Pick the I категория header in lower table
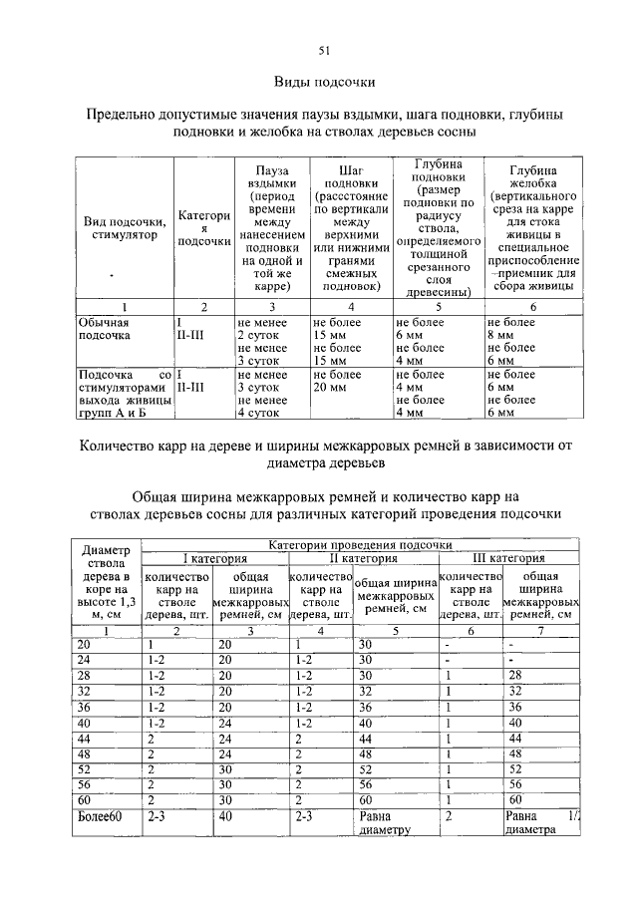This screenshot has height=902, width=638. click(x=212, y=558)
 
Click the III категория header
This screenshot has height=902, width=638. click(x=507, y=558)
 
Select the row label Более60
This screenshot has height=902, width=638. click(x=100, y=815)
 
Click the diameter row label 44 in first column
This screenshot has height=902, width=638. click(x=84, y=739)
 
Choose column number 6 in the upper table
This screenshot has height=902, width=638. click(x=532, y=307)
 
